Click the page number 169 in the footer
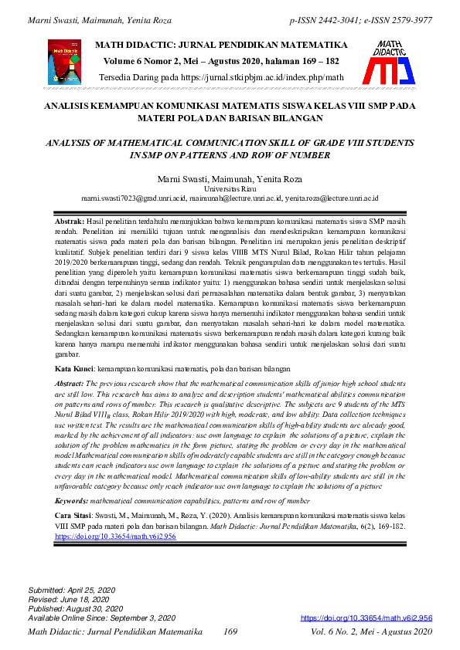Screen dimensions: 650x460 pyautogui.click(x=230, y=633)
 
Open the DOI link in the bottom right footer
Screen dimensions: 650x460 pyautogui.click(x=366, y=618)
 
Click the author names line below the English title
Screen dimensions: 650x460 pyautogui.click(x=230, y=179)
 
